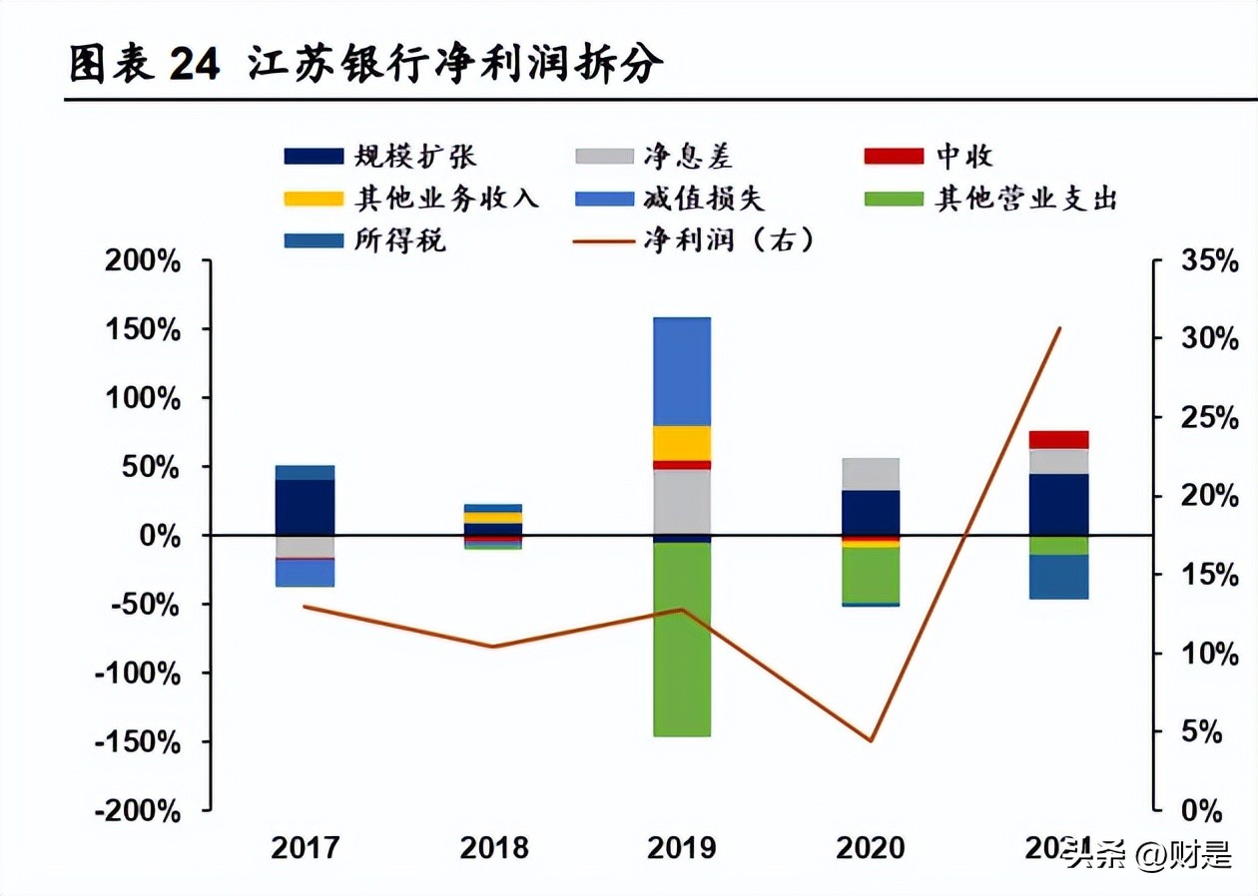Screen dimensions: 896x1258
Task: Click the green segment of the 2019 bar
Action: pos(682,639)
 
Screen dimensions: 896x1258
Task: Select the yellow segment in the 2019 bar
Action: pos(682,442)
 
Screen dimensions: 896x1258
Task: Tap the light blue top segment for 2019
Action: pos(682,371)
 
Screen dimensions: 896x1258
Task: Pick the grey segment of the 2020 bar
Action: pos(871,474)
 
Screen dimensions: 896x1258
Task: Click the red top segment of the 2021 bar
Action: pos(1059,440)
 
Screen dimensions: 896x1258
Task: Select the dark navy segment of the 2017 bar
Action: pos(305,507)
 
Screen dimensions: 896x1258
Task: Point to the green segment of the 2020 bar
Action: pos(871,575)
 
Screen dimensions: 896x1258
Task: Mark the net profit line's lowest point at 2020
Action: pos(871,741)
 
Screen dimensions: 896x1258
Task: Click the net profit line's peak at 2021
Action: pos(1059,327)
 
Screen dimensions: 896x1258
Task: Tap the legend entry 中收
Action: pos(963,156)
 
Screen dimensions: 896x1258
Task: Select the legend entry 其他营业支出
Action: pos(1025,199)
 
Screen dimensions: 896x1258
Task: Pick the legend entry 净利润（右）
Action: pos(729,240)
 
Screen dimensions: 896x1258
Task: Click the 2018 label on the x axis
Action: pos(494,848)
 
